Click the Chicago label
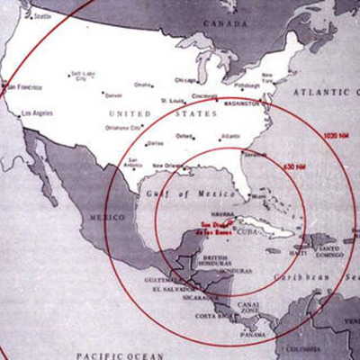(186, 79)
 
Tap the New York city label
(267, 77)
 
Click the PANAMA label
(252, 335)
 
